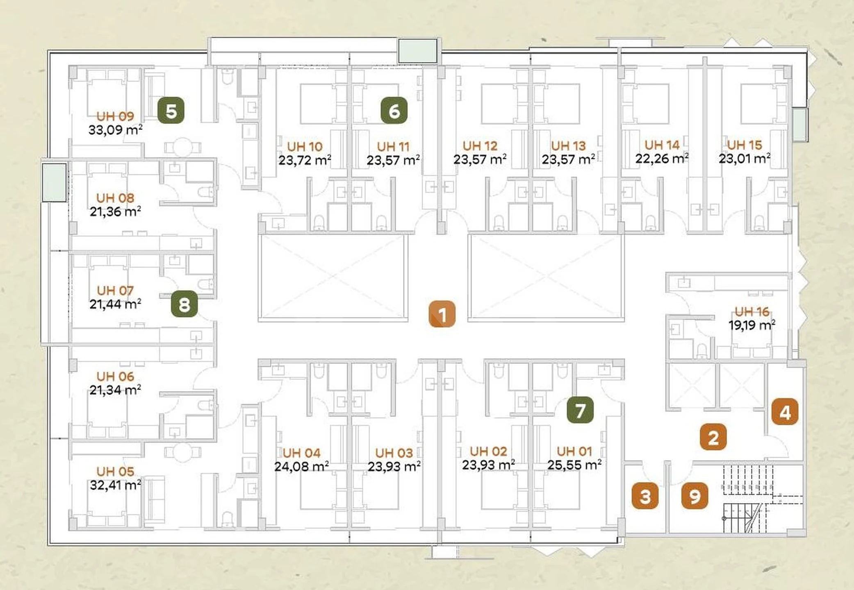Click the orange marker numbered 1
pos(442,314)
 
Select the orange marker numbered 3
pos(645,496)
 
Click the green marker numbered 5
pos(171,110)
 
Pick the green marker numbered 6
pos(394,110)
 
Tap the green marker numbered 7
pos(580,410)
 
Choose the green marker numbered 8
pos(184,304)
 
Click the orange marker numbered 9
pos(695,496)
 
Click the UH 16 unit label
pos(752,311)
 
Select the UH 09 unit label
pos(115,116)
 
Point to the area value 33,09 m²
pos(116,130)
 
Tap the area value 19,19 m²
pos(752,325)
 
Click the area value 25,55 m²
pos(574,465)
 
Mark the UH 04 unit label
pos(301,453)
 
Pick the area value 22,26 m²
pos(662,158)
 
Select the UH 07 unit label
pos(115,290)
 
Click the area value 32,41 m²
pos(116,485)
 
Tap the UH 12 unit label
pos(480,145)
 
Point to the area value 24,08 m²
pos(301,466)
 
